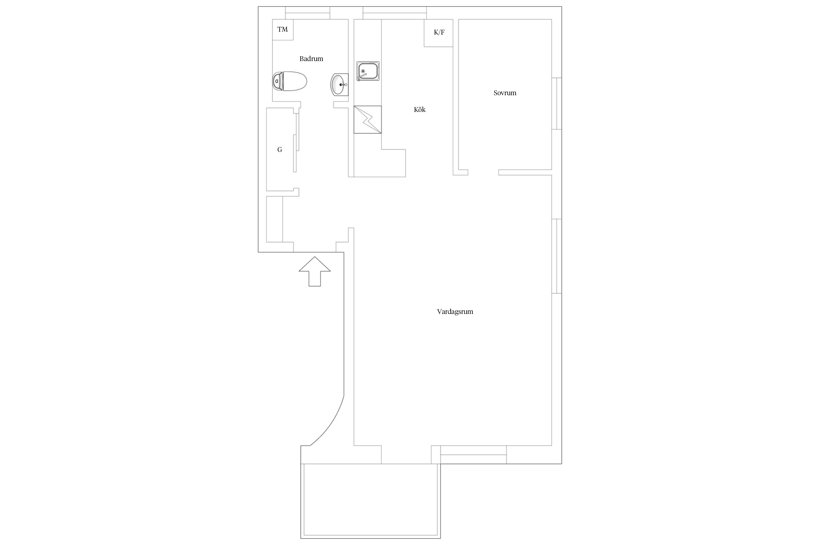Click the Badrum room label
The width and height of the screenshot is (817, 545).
pos(311,58)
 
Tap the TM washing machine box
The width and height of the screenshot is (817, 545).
pos(283,29)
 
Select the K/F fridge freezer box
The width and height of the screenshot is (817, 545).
pos(439,33)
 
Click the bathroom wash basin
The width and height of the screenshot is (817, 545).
pos(340,84)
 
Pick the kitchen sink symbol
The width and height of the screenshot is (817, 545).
pos(368,71)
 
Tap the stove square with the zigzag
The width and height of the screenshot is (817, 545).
pos(368,120)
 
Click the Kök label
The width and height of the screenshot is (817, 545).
pos(420,109)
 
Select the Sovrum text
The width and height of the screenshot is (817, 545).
pos(505,93)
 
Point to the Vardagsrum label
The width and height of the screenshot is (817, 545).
pos(455,311)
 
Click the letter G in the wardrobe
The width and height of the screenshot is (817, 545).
pos(280,149)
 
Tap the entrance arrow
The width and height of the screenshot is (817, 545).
pos(314,271)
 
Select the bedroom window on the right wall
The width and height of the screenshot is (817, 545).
pos(557,104)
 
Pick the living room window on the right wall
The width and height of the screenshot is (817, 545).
pos(557,256)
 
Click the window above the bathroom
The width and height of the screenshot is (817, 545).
pos(308,13)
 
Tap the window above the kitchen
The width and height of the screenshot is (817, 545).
pos(395,13)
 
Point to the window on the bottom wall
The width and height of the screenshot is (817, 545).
pos(473,455)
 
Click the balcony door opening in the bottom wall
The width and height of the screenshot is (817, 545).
pos(406,455)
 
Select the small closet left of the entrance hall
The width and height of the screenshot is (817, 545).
pos(275,219)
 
